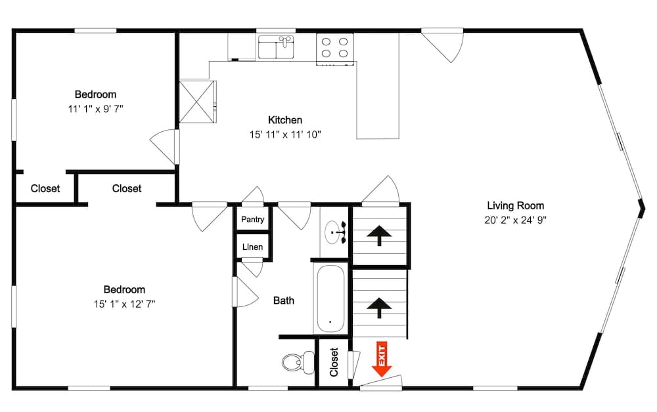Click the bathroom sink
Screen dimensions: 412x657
pyautogui.click(x=336, y=232)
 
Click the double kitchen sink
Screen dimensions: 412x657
pyautogui.click(x=277, y=47)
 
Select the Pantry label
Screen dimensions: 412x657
pyautogui.click(x=252, y=219)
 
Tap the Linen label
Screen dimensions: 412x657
pyautogui.click(x=252, y=247)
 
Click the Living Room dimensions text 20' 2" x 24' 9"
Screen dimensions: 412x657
pyautogui.click(x=515, y=220)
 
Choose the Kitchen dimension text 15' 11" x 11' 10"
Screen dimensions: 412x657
pyautogui.click(x=285, y=134)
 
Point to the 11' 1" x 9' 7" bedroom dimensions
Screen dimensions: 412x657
pyautogui.click(x=95, y=108)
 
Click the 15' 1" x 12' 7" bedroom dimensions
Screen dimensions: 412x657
pyautogui.click(x=124, y=304)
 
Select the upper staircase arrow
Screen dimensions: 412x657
pyautogui.click(x=379, y=235)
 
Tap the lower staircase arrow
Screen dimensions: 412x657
pyautogui.click(x=379, y=306)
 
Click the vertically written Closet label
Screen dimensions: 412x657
pyautogui.click(x=334, y=362)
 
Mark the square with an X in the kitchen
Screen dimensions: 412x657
pyautogui.click(x=197, y=101)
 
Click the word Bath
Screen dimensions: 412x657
pyautogui.click(x=284, y=300)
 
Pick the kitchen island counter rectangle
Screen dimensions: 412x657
pyautogui.click(x=378, y=85)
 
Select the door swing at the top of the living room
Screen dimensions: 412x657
pyautogui.click(x=443, y=45)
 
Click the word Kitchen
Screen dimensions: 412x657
pyautogui.click(x=285, y=120)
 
